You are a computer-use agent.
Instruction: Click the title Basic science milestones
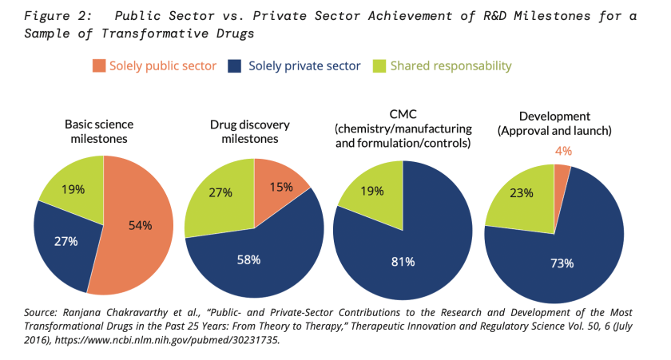pyautogui.click(x=99, y=131)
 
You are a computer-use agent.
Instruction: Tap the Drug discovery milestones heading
pyautogui.click(x=249, y=131)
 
